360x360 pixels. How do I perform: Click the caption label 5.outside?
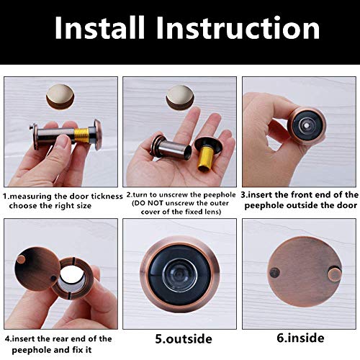(179, 338)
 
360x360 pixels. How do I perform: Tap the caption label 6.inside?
(296, 338)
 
